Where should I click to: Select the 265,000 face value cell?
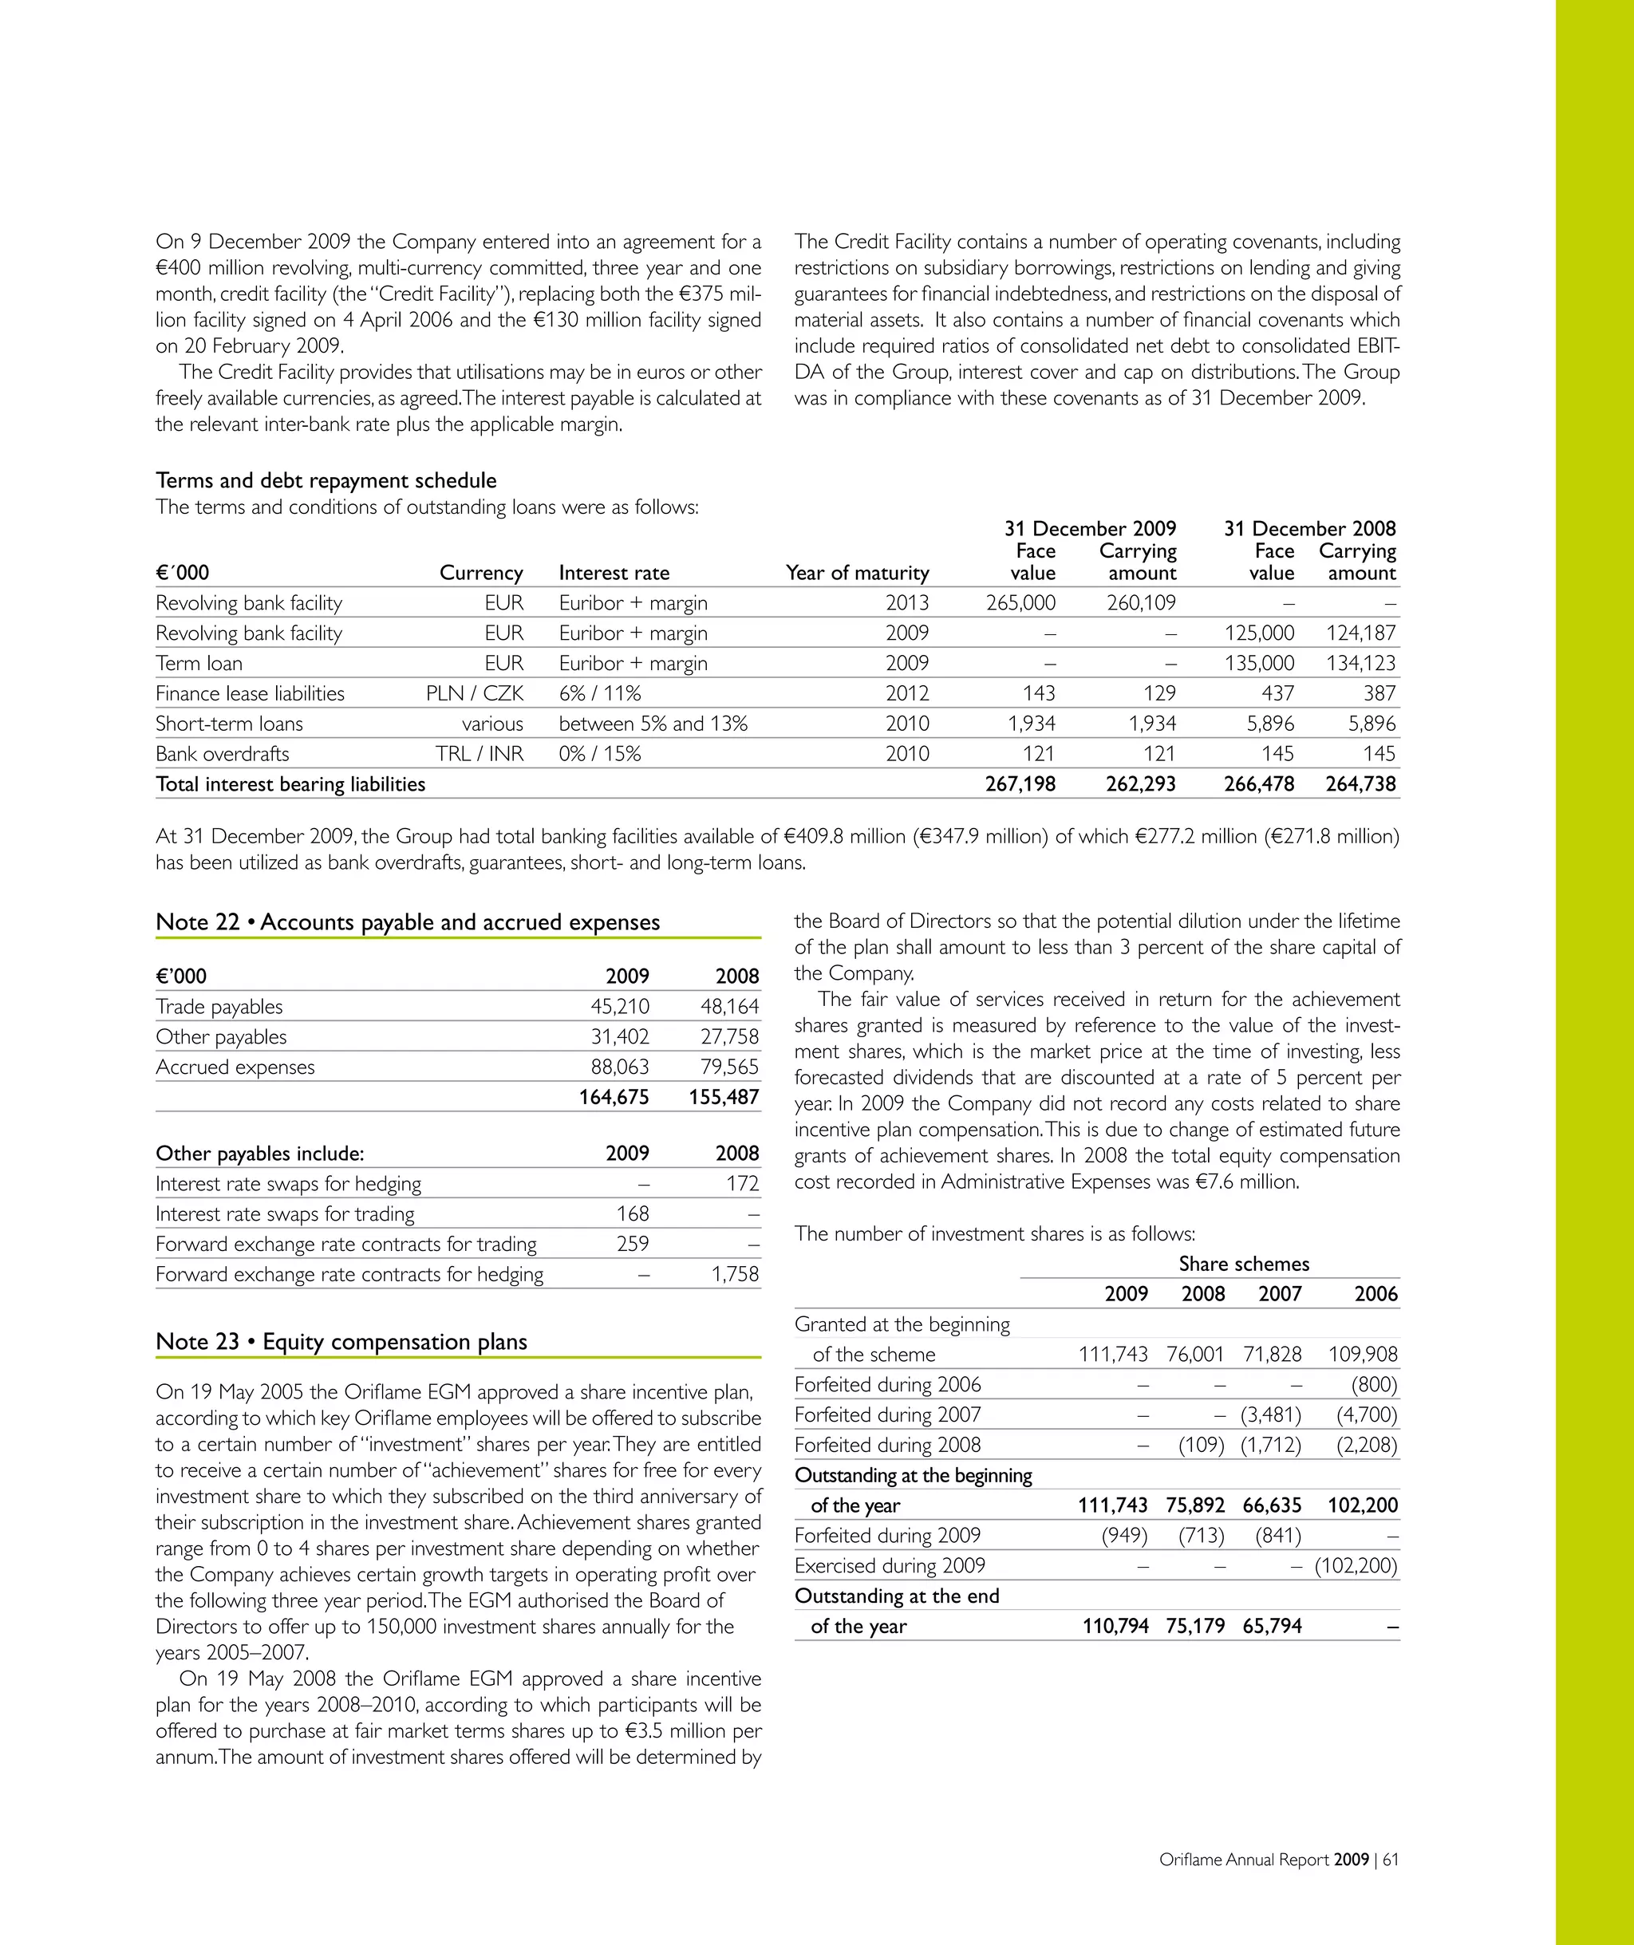click(x=1020, y=602)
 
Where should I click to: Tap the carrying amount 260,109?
click(x=1140, y=602)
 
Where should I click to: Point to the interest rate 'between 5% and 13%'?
click(x=653, y=724)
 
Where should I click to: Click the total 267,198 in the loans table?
click(x=1020, y=783)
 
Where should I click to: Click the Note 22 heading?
click(x=408, y=921)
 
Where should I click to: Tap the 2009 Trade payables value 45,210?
click(x=620, y=1006)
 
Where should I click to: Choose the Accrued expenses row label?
click(x=235, y=1066)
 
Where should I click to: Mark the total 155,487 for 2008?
click(x=724, y=1097)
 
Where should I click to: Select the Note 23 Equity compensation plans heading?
click(x=341, y=1341)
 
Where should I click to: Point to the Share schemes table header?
click(x=1243, y=1264)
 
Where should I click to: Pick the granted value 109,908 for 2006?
click(x=1363, y=1354)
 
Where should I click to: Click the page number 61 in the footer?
click(x=1391, y=1859)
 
